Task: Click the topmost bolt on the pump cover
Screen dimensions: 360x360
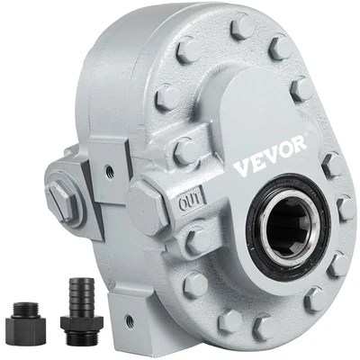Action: pos(242,26)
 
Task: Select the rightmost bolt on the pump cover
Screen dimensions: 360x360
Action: pos(346,209)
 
